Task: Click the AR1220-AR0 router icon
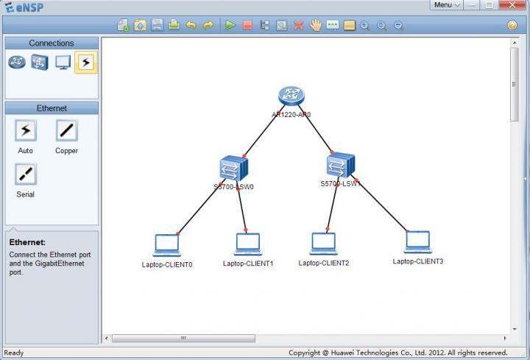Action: point(291,96)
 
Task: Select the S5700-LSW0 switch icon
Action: point(233,169)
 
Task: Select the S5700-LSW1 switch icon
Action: point(341,164)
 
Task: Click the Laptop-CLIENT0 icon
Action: point(166,244)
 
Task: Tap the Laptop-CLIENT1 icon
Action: point(248,244)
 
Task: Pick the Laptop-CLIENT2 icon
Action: point(323,243)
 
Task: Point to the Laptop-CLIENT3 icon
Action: point(417,241)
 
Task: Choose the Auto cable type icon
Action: point(26,131)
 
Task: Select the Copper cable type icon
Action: point(66,131)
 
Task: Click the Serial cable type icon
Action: point(26,174)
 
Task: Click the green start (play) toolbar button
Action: point(230,25)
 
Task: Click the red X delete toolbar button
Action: point(299,25)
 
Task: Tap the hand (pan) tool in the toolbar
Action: point(316,25)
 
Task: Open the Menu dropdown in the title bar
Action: point(446,5)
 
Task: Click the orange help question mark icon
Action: point(512,25)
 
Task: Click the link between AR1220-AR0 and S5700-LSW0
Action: point(261,133)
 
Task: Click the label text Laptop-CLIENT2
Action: point(324,263)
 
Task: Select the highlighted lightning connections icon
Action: point(85,63)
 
